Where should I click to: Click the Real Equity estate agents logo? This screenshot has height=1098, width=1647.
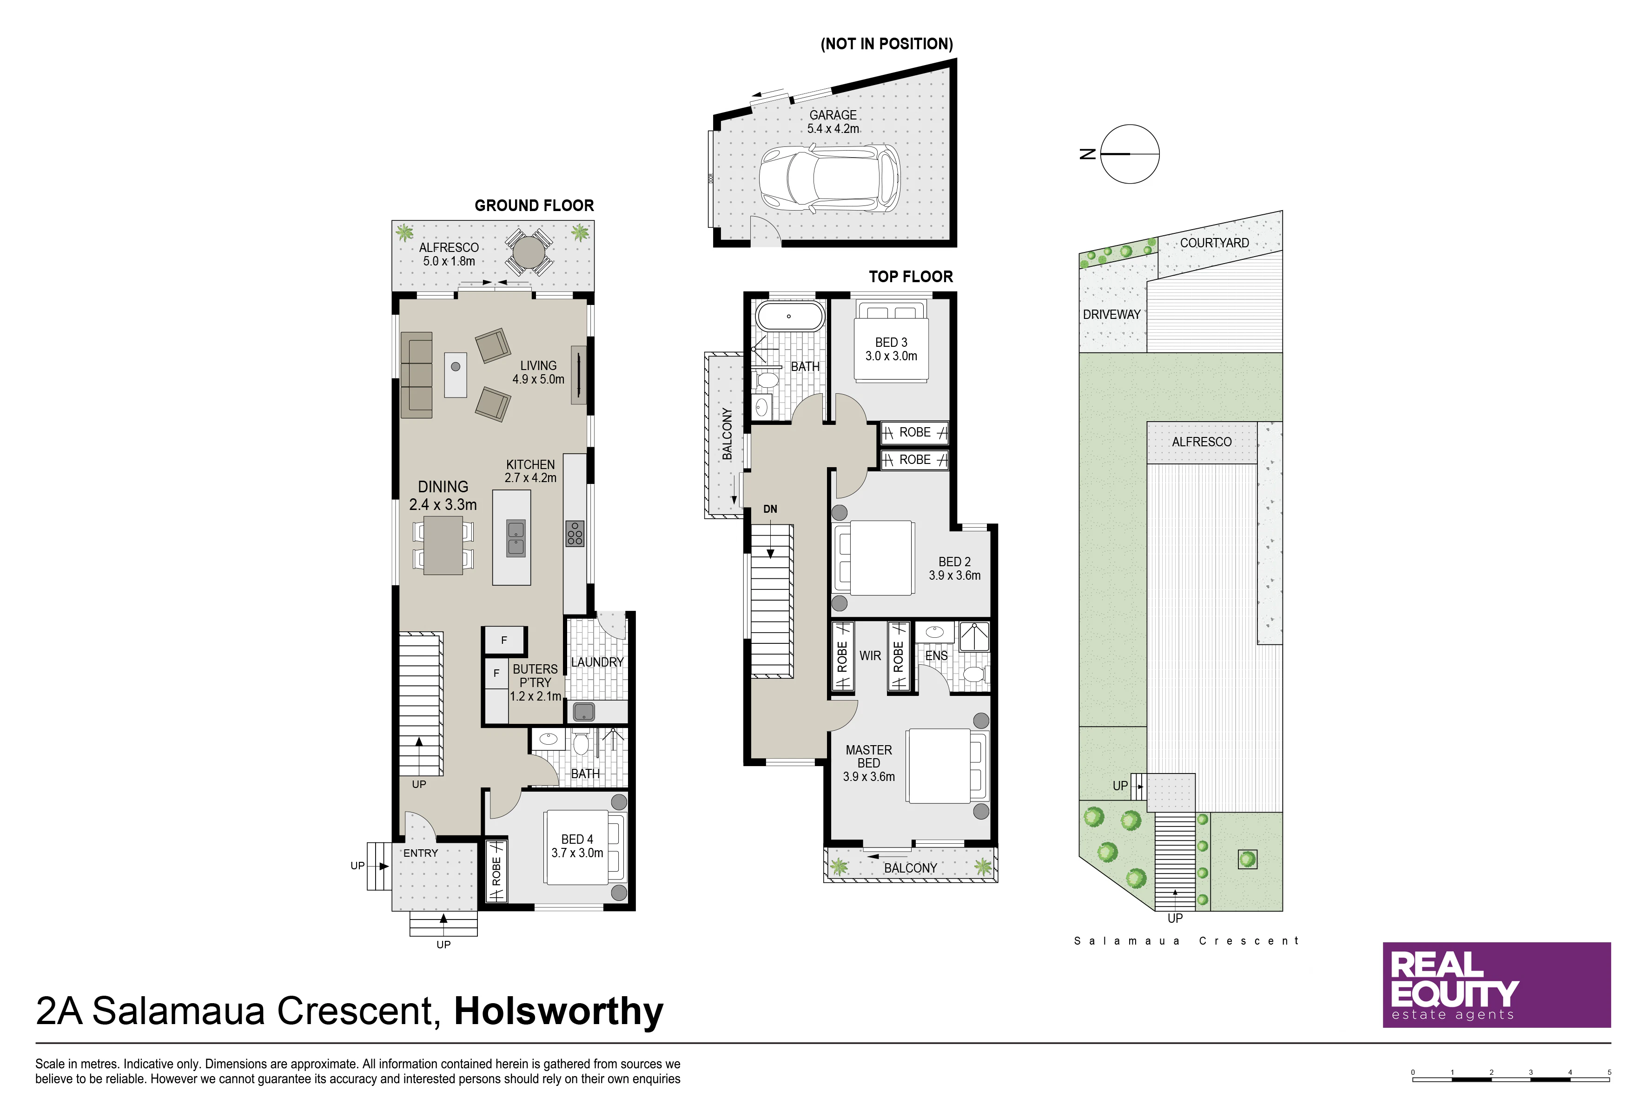(x=1496, y=985)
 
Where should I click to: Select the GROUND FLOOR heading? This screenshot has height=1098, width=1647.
(x=534, y=205)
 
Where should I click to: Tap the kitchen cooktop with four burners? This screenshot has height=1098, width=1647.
(x=575, y=534)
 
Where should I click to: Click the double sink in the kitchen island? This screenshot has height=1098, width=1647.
(x=516, y=538)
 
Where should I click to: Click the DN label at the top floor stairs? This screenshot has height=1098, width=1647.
(x=770, y=509)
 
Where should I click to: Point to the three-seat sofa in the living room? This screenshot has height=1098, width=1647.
(x=416, y=375)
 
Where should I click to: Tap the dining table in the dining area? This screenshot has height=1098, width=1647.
(x=443, y=545)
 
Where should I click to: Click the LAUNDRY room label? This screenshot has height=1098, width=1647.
(x=597, y=662)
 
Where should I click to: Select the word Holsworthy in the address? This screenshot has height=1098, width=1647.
(x=559, y=1011)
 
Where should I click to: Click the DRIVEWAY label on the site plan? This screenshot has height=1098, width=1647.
(x=1111, y=314)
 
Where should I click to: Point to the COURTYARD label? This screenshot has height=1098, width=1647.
(x=1214, y=243)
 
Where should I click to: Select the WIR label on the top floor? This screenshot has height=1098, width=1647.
(x=870, y=656)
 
